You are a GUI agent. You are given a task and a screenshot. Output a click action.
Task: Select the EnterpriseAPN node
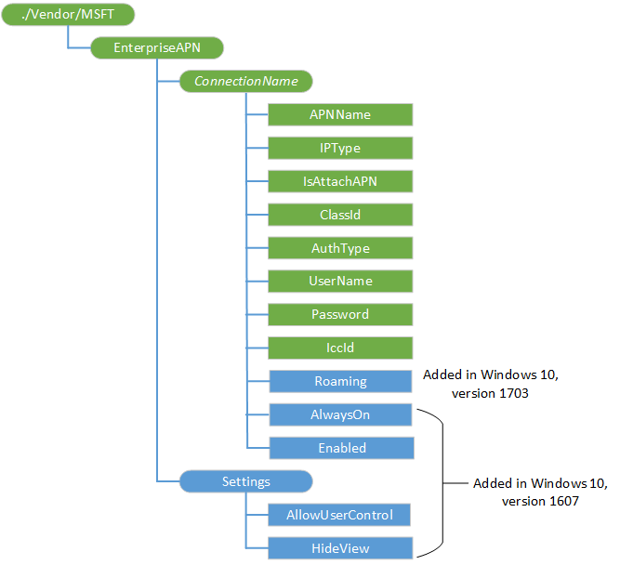(157, 47)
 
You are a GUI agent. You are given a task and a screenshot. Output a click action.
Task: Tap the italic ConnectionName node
(245, 81)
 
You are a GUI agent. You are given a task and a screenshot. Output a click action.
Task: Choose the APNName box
(340, 114)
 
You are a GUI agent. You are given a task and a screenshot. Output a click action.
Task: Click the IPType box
(340, 148)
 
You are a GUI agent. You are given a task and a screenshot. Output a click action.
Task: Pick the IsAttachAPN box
(340, 181)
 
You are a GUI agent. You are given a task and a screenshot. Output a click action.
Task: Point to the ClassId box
(340, 215)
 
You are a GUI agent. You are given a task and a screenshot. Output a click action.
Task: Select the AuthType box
(340, 248)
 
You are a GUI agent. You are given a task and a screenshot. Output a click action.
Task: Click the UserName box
(340, 281)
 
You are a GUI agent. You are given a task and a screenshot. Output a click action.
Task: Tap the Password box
(340, 314)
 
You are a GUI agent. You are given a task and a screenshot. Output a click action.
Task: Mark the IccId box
(340, 348)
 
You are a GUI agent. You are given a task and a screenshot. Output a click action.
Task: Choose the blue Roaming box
(340, 381)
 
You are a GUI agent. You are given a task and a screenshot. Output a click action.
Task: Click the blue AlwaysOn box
(340, 414)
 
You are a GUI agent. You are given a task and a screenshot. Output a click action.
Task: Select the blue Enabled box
(340, 448)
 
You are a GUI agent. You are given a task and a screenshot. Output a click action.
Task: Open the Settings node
(245, 481)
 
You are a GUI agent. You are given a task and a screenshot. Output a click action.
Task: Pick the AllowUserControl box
(340, 515)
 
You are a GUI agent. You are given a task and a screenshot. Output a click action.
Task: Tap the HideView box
(340, 548)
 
